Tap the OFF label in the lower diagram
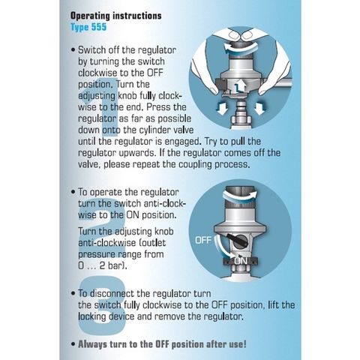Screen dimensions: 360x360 click(203, 241)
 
